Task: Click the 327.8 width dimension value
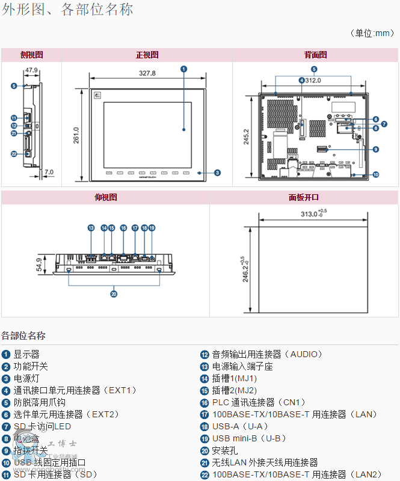pos(147,73)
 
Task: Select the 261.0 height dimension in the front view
pos(76,135)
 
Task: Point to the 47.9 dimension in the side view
pos(31,70)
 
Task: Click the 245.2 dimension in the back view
pos(246,137)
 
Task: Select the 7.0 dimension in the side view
pos(49,172)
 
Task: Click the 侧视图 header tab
pos(31,55)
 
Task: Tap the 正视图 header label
pos(147,55)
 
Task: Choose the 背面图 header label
pos(315,55)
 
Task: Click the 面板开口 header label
pos(304,197)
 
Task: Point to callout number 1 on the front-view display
pos(183,69)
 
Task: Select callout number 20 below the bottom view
pos(114,294)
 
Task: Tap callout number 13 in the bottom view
pos(91,228)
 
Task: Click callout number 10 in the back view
pos(375,175)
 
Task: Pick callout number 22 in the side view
pos(14,154)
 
